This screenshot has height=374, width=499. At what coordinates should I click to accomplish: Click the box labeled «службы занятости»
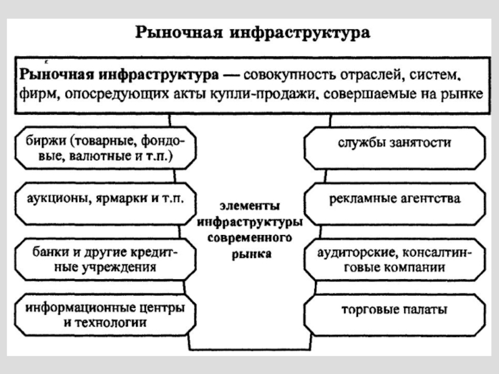(395, 148)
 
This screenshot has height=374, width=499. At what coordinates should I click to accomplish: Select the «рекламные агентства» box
(395, 204)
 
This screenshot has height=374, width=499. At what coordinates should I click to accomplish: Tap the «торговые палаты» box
(395, 315)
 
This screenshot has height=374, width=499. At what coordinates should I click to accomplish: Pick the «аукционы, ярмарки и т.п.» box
(105, 204)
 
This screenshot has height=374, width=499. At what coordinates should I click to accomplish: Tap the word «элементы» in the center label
(249, 206)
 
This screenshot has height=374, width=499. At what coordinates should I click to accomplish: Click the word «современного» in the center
(249, 237)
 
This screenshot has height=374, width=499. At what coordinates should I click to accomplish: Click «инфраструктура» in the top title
(299, 32)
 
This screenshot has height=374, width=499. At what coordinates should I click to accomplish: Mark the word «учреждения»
(119, 267)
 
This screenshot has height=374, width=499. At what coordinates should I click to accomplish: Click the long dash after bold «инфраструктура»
(231, 75)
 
